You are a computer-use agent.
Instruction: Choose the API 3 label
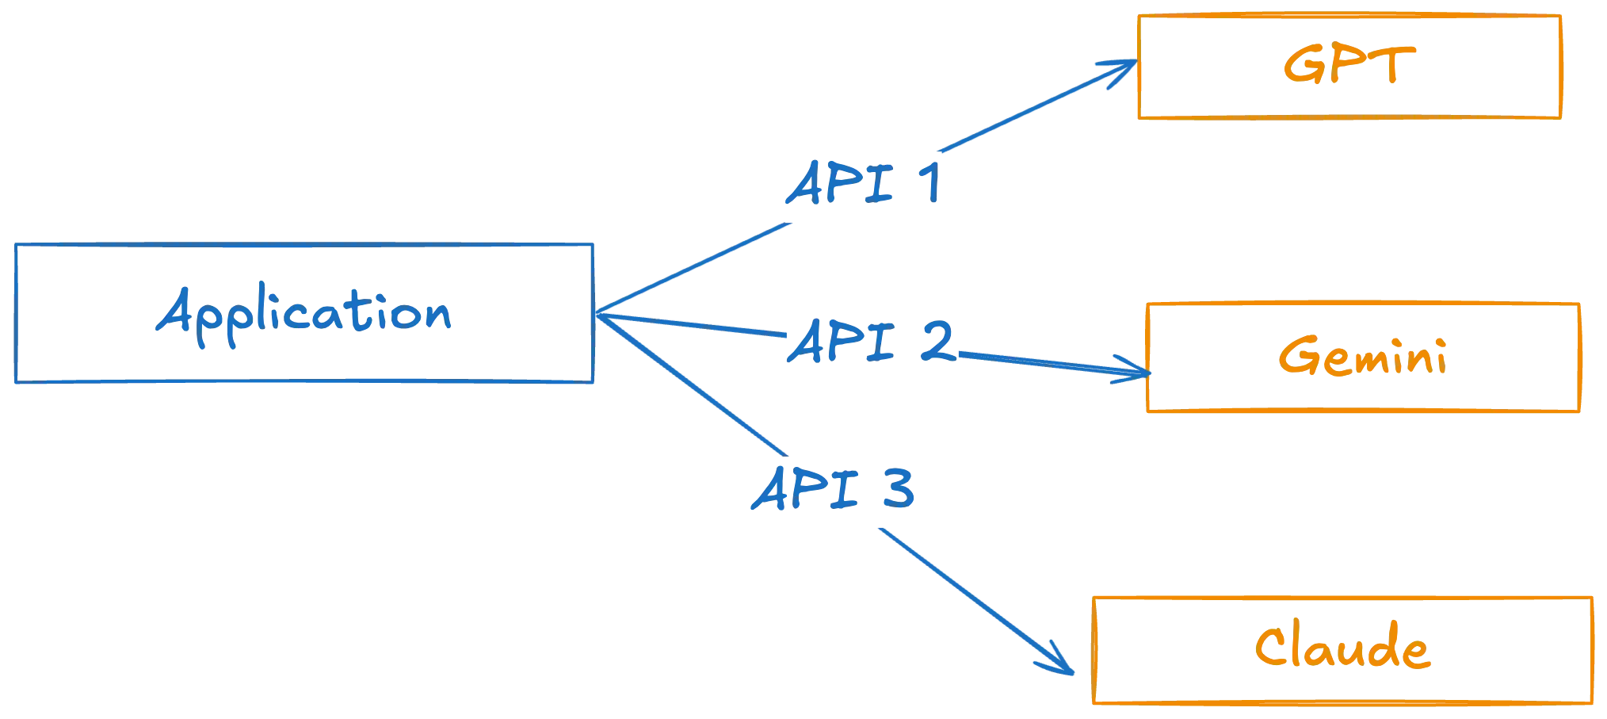[834, 489]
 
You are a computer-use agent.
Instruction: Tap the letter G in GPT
[1300, 64]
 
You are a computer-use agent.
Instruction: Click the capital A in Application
[176, 311]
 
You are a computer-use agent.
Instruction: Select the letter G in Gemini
[1296, 357]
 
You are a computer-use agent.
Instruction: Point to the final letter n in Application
[439, 317]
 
